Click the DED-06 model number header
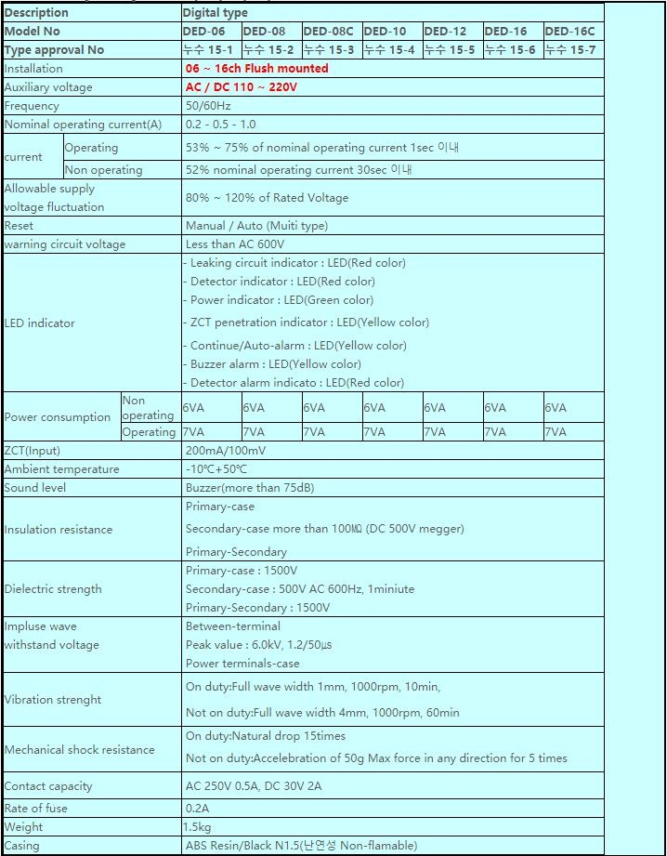(205, 31)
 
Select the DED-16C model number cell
(569, 31)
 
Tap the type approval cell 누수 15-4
(389, 49)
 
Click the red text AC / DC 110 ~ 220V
(242, 86)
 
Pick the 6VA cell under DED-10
(374, 407)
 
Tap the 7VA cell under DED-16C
(556, 432)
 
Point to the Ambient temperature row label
(61, 469)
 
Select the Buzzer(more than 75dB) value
(249, 488)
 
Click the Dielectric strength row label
(53, 588)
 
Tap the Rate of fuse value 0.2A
(197, 809)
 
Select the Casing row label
(21, 846)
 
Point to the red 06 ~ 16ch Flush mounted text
(256, 68)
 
